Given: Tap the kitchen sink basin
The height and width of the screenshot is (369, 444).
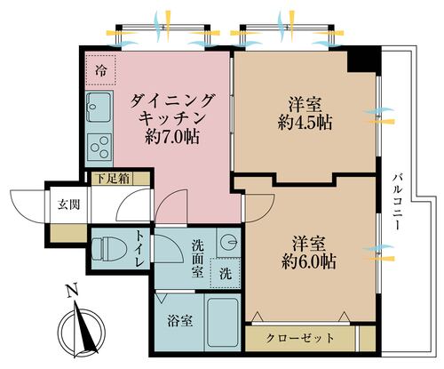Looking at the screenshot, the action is (x=99, y=107).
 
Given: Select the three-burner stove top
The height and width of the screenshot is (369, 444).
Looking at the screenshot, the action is (x=99, y=148).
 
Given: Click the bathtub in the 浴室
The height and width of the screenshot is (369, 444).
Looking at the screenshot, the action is (x=223, y=323).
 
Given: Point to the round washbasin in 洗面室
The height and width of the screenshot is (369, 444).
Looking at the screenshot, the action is (x=230, y=242).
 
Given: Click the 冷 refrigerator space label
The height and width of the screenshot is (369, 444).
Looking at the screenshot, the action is (x=101, y=70).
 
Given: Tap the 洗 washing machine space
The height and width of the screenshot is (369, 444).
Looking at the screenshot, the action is (x=226, y=273).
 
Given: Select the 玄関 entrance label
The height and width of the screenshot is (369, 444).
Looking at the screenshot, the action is (x=68, y=205).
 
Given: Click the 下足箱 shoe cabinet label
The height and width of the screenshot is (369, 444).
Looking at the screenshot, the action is (x=113, y=179).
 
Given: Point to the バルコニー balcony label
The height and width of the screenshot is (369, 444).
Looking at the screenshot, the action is (x=397, y=203).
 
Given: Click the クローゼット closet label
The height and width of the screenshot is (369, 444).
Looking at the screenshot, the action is (x=300, y=338).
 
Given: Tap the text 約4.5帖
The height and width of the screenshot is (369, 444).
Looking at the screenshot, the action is (x=305, y=122).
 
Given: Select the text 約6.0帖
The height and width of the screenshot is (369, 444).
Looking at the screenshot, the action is (x=308, y=261).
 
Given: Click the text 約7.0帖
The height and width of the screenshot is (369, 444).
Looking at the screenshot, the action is (x=172, y=137).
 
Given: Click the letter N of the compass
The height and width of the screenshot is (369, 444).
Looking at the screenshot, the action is (x=72, y=291).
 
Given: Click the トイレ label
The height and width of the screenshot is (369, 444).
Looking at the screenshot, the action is (x=139, y=248).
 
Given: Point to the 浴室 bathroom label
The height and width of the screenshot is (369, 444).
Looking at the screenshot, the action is (x=180, y=321).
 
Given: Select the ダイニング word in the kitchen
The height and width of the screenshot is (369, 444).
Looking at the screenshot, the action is (x=171, y=100).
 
